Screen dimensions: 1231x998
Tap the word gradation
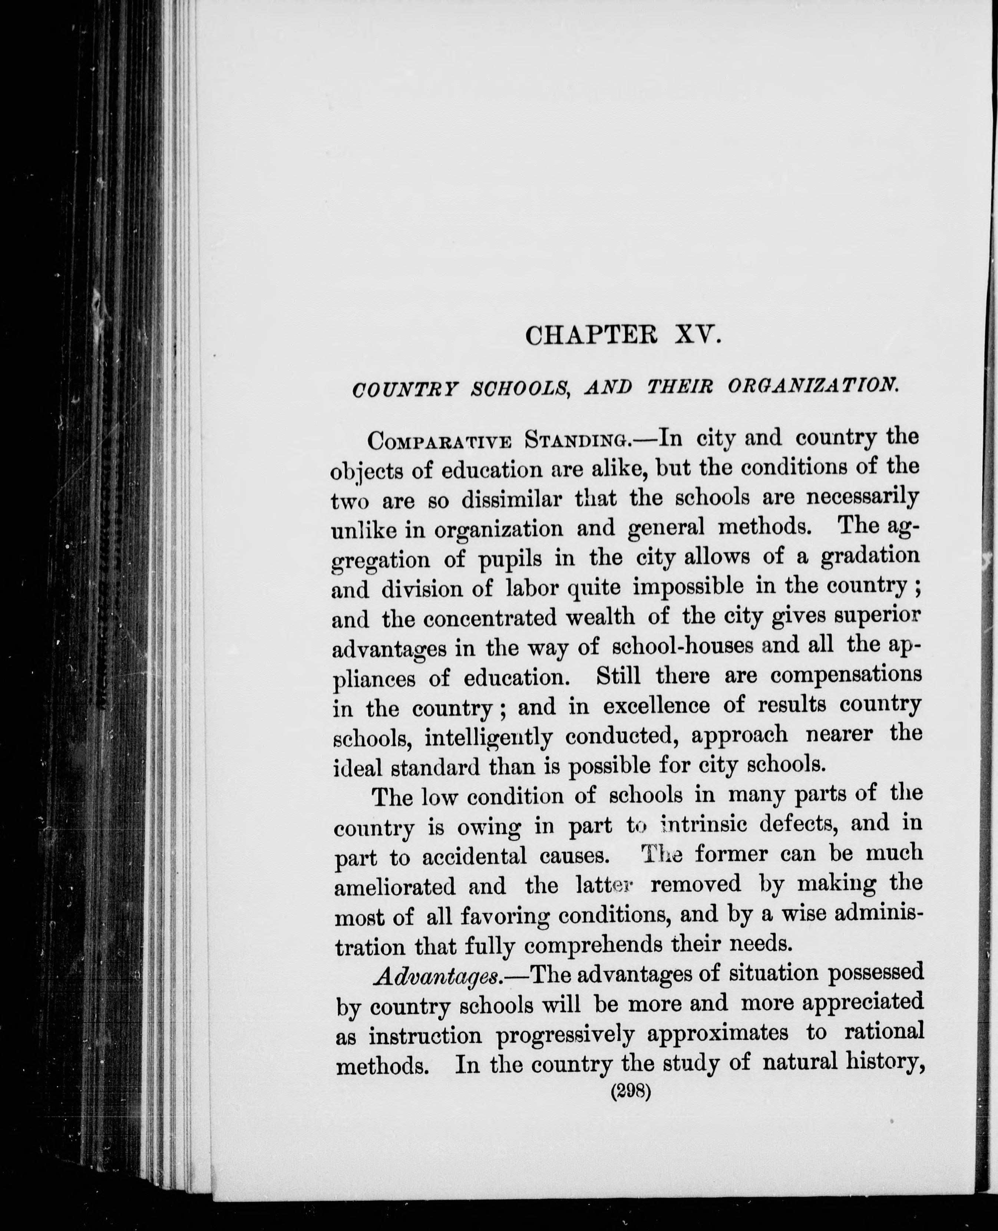870,557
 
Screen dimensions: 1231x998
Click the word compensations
846,675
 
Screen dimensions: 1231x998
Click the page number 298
631,1092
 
